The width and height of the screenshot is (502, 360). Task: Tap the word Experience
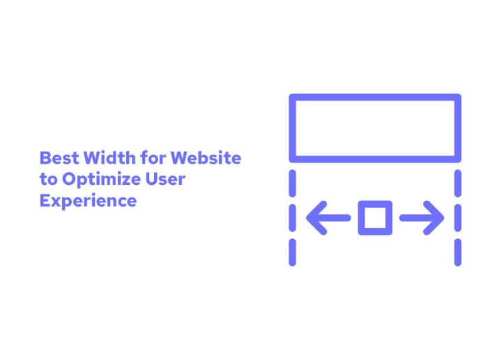coord(88,202)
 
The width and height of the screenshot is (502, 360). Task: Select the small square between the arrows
coord(375,218)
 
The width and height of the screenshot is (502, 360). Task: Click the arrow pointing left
coord(328,218)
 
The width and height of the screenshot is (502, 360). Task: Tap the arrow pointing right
coord(423,218)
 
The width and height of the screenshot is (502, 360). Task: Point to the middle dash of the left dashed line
coord(293,218)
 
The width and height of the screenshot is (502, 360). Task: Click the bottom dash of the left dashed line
coord(293,253)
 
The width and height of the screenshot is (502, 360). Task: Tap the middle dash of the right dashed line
coord(458,218)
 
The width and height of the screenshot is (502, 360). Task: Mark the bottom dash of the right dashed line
coord(458,253)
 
